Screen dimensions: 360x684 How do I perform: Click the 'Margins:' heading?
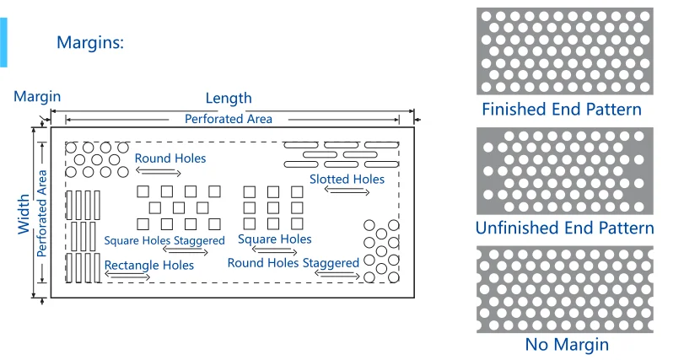pyautogui.click(x=90, y=42)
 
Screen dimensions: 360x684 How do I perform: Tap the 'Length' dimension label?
pyautogui.click(x=229, y=99)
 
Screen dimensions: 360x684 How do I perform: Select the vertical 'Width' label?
pyautogui.click(x=24, y=215)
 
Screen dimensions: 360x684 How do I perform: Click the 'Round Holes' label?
pyautogui.click(x=170, y=159)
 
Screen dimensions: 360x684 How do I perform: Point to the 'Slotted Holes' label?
pyautogui.click(x=347, y=179)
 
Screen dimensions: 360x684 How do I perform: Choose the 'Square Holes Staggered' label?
pyautogui.click(x=164, y=240)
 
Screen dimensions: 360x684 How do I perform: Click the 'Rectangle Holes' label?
pyautogui.click(x=149, y=265)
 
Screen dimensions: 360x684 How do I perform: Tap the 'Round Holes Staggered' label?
pyautogui.click(x=294, y=263)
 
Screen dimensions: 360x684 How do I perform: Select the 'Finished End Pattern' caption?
pyautogui.click(x=562, y=110)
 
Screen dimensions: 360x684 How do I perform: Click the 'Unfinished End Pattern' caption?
pyautogui.click(x=564, y=228)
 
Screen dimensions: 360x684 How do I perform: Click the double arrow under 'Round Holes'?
pyautogui.click(x=158, y=171)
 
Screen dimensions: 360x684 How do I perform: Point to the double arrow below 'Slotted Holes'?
pyautogui.click(x=347, y=192)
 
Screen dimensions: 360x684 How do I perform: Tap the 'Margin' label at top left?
pyautogui.click(x=37, y=97)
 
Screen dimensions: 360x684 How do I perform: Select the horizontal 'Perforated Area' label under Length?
pyautogui.click(x=229, y=119)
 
